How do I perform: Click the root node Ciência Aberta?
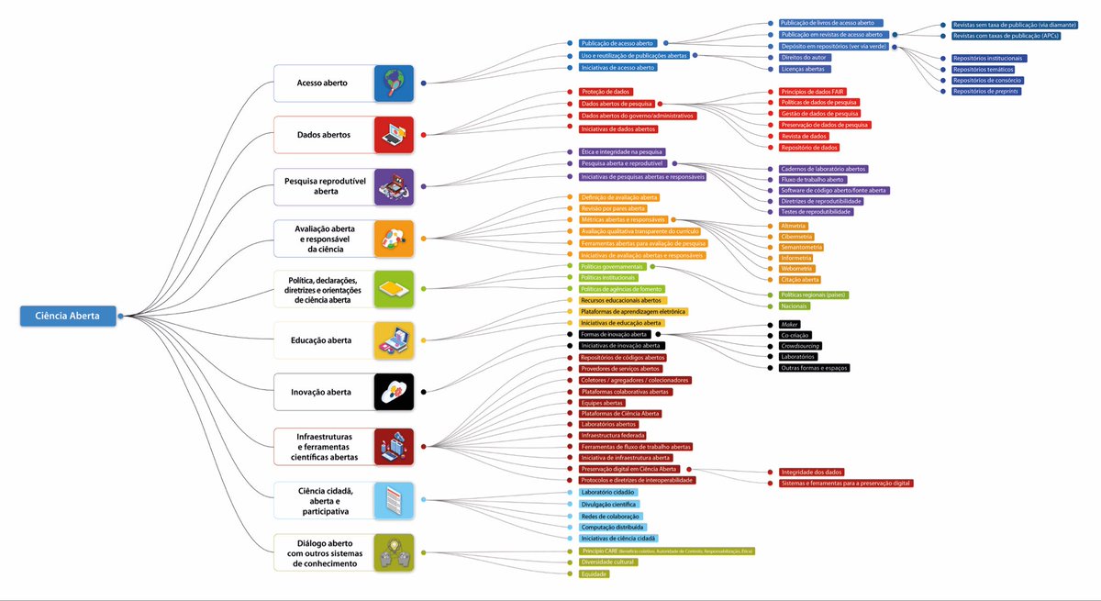click(68, 317)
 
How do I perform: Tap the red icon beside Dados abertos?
click(395, 134)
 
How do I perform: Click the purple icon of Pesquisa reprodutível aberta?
click(395, 186)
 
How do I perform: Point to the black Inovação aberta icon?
click(395, 392)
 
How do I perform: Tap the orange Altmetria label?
click(794, 226)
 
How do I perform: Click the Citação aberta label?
click(799, 279)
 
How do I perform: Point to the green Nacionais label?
click(794, 306)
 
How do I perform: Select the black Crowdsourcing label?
click(800, 346)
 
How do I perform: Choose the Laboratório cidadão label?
click(607, 493)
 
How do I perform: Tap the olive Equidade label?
click(595, 573)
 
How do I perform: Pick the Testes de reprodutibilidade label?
click(816, 212)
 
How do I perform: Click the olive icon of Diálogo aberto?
click(395, 552)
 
